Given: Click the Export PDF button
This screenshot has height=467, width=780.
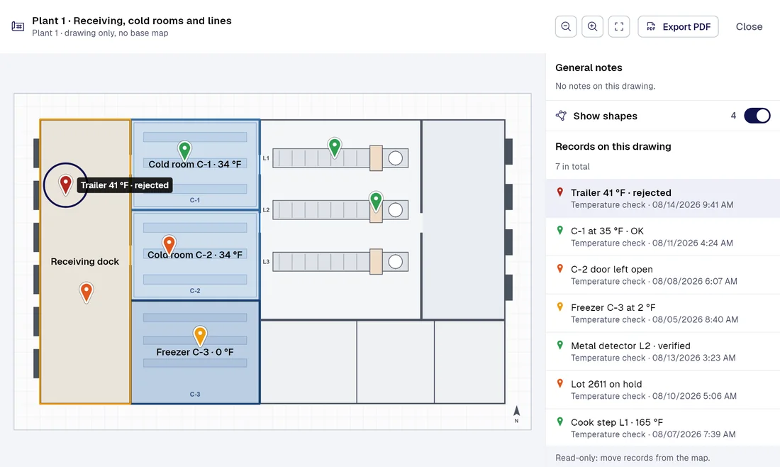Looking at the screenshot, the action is coord(678,27).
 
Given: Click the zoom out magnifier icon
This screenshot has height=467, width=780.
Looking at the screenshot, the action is coord(566,27).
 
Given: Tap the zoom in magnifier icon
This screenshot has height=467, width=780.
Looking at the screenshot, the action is coord(592,27).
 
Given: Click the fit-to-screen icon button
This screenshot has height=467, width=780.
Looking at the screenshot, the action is coord(619,27).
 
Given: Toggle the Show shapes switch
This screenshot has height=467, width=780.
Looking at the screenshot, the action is coord(757,116).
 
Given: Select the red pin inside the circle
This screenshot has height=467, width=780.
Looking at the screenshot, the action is coord(65,185).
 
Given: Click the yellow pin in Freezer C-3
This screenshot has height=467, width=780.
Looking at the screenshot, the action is coord(200,336).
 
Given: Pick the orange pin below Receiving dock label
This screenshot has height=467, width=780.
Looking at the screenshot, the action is coord(87,292).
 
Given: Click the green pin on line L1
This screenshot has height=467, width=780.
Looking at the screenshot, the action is coord(335,148).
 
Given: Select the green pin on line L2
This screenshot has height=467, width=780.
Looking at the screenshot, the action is coord(376,202).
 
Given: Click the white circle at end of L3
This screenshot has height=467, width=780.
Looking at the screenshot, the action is coord(396,262).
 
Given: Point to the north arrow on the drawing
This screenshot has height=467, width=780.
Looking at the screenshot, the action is coord(516,411).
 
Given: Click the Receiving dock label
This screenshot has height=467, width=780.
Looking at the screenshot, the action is coord(85,261).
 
